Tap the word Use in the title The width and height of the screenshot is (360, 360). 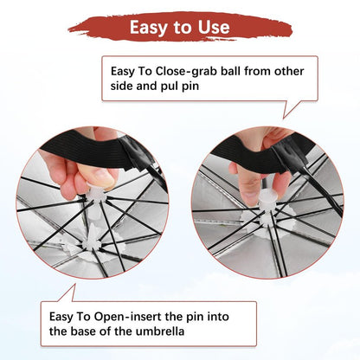[214, 27]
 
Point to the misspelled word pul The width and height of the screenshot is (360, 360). [170, 87]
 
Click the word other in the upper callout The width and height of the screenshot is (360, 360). [289, 71]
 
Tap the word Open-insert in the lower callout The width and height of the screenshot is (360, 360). [127, 317]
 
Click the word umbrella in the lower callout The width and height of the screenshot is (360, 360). [160, 331]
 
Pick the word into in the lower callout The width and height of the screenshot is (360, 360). [218, 317]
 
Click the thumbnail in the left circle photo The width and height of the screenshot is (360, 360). [101, 177]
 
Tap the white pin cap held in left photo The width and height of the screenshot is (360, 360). [97, 189]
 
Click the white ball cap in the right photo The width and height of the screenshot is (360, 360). [268, 196]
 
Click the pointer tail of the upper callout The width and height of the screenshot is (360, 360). [292, 109]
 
